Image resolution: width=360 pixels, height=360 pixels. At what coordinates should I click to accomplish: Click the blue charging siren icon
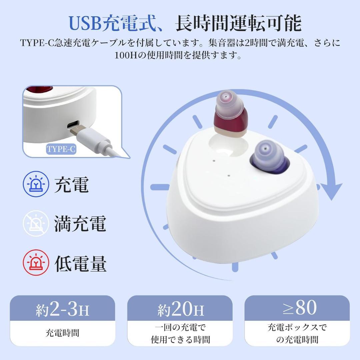(x=36, y=184)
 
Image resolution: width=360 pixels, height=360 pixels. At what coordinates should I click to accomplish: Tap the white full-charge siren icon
(x=36, y=223)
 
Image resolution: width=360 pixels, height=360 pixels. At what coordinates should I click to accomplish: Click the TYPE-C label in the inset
(x=61, y=149)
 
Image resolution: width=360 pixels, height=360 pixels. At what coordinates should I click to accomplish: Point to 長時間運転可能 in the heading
(x=238, y=23)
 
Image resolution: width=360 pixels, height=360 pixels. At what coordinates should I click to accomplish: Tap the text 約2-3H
(x=62, y=310)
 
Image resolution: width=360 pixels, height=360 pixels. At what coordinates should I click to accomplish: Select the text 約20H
(x=180, y=310)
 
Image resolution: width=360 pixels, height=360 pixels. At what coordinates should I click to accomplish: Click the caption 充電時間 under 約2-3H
(x=62, y=333)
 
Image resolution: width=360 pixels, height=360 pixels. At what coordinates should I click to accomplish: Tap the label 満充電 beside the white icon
(x=80, y=224)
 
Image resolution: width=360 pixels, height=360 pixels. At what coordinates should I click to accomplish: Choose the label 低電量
(x=80, y=264)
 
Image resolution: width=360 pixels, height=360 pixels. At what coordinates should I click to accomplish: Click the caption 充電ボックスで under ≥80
(x=297, y=327)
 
